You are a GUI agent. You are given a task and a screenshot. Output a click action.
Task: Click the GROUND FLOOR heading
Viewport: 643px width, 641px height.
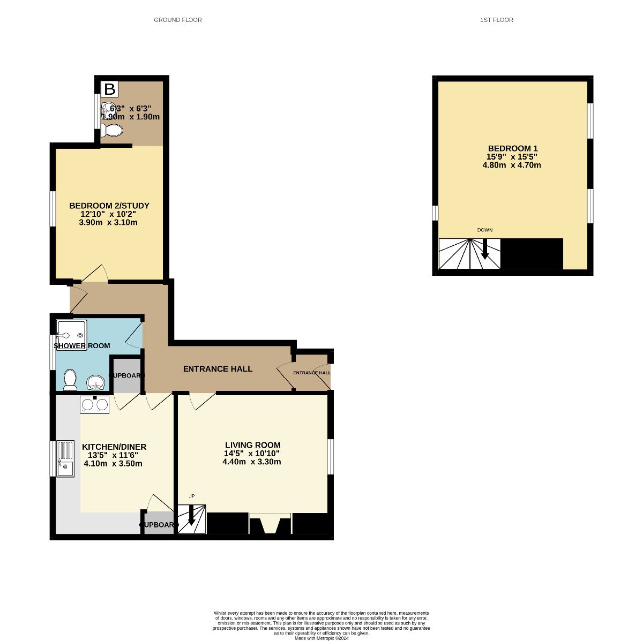[x=177, y=20]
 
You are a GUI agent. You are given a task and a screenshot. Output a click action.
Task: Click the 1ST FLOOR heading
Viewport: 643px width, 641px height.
[x=497, y=20]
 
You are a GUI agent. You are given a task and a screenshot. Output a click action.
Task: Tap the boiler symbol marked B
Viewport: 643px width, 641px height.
[x=109, y=89]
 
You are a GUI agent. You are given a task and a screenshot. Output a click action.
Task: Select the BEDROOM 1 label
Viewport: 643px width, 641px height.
[x=512, y=148]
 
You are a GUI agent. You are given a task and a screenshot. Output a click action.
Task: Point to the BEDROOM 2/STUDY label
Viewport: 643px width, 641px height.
[x=109, y=206]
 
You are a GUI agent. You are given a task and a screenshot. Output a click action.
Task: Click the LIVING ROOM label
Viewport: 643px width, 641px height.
[x=252, y=445]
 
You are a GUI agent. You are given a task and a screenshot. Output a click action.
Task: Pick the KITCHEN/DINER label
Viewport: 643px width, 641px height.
[x=114, y=447]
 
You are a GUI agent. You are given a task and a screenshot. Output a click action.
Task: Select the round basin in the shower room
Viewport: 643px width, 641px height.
[x=96, y=382]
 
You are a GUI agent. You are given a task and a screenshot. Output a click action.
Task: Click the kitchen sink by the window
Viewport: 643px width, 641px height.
[x=65, y=458]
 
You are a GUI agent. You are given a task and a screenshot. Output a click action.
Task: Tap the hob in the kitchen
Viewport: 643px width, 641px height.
[x=95, y=404]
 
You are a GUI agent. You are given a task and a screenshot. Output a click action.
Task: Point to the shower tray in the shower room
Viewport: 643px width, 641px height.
[x=71, y=335]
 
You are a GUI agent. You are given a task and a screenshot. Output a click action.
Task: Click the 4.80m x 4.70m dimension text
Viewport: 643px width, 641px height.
[x=512, y=165]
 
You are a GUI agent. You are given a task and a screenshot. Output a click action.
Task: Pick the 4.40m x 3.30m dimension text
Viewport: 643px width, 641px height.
[x=252, y=462]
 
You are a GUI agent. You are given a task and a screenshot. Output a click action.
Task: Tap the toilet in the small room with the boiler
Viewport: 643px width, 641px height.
[x=113, y=130]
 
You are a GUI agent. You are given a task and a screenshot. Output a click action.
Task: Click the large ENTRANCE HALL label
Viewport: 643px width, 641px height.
[x=218, y=369]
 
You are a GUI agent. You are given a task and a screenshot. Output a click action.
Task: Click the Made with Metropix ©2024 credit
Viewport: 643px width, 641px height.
[x=322, y=638]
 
